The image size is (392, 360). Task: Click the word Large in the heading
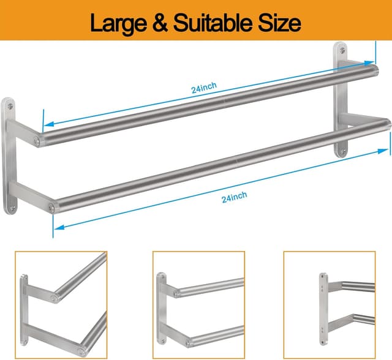click(x=121, y=23)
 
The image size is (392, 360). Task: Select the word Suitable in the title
click(x=217, y=23)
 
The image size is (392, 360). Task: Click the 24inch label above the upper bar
click(x=203, y=89)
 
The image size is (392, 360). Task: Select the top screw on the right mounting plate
click(x=341, y=51)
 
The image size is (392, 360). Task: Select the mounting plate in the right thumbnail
click(x=323, y=307)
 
